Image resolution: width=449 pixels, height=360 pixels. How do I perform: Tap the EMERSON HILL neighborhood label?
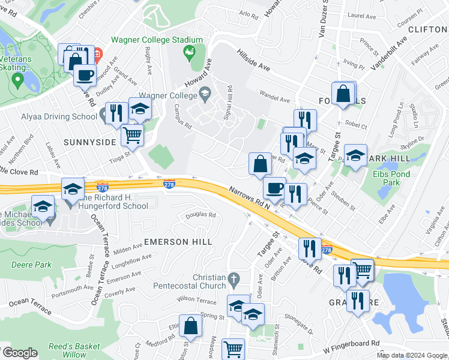(178, 241)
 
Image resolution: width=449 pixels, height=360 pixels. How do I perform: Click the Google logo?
(19, 353)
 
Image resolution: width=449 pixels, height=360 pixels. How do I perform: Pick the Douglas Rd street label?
(200, 215)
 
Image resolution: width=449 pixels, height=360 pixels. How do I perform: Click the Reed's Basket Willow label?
(74, 350)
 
